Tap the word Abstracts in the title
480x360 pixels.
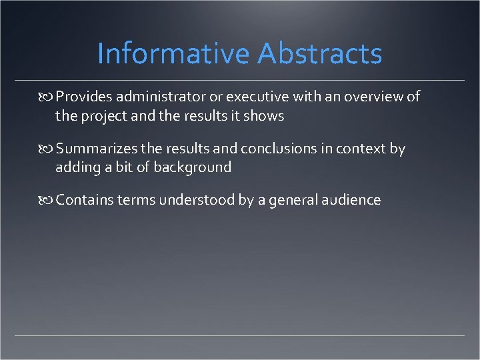(320, 54)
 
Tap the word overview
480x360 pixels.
(374, 97)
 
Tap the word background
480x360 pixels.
(193, 167)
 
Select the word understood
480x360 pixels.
(199, 199)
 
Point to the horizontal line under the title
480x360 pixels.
(240, 81)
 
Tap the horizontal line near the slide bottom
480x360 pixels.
(240, 335)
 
